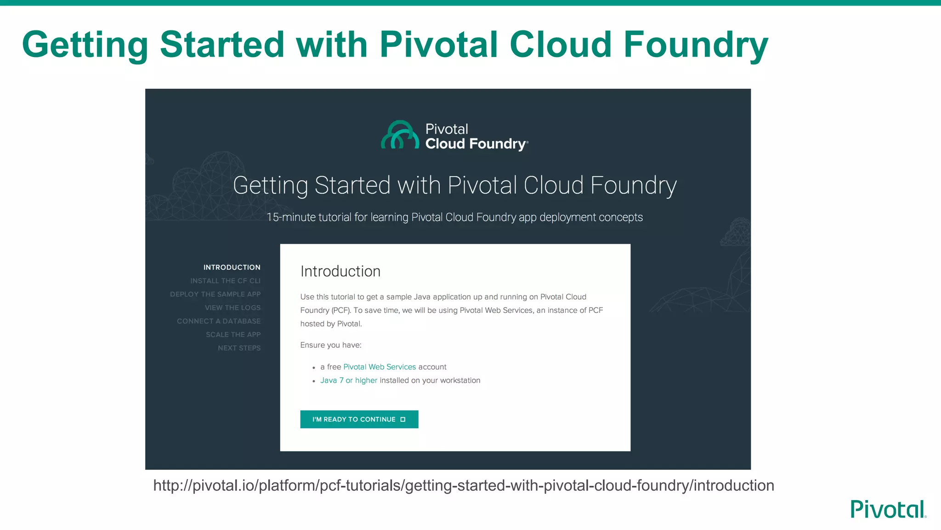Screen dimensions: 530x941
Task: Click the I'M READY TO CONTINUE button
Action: click(359, 419)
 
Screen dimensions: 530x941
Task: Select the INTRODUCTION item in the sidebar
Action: click(232, 267)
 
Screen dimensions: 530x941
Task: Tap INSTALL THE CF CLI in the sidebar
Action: click(225, 281)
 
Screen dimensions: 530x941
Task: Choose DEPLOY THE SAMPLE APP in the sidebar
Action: click(215, 294)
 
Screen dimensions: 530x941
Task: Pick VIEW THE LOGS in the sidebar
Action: click(232, 307)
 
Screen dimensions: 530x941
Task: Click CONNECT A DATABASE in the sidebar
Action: click(219, 321)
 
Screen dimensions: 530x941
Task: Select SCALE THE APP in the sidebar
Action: click(233, 334)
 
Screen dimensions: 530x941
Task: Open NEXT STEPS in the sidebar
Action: click(239, 348)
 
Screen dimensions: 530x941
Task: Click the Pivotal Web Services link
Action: click(380, 367)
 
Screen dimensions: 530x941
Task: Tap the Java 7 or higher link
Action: click(349, 380)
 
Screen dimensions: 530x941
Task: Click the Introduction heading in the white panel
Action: click(340, 271)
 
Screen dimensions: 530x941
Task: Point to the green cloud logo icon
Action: click(400, 135)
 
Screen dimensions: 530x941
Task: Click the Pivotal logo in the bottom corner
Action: click(888, 509)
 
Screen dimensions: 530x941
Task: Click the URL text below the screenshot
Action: click(464, 485)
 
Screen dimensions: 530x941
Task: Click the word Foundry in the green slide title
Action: click(696, 45)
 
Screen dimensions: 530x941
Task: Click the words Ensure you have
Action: click(331, 345)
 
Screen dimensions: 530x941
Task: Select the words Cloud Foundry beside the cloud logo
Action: click(476, 144)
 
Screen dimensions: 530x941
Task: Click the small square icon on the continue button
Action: click(403, 419)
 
